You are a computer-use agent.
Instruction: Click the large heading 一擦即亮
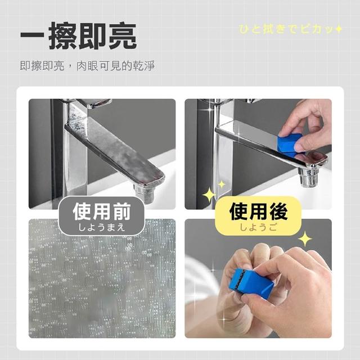(x=79, y=36)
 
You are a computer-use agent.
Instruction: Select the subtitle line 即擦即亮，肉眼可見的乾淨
(x=87, y=66)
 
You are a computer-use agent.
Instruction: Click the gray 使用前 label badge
(x=101, y=216)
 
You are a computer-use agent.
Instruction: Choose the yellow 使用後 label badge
(x=258, y=216)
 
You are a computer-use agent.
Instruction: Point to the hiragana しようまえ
(x=101, y=227)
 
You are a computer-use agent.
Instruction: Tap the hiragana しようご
(x=258, y=227)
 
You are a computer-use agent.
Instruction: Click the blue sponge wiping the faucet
(x=291, y=145)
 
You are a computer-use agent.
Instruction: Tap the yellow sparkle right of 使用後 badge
(x=305, y=239)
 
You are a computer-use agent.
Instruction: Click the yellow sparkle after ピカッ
(x=338, y=29)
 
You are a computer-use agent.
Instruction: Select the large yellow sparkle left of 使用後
(x=209, y=195)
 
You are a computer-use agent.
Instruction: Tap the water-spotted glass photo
(x=102, y=278)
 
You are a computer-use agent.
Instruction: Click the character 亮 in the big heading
(x=123, y=36)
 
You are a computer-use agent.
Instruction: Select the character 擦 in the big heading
(x=63, y=36)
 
